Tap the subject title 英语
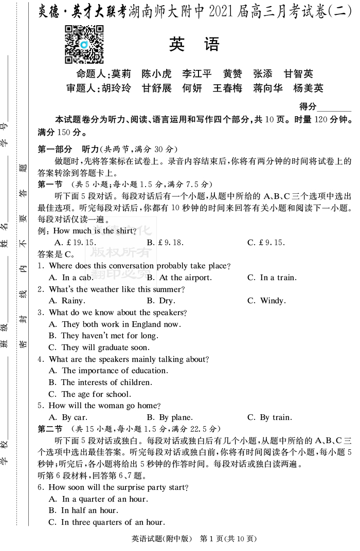(194, 45)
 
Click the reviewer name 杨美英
(308, 88)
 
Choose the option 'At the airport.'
(179, 278)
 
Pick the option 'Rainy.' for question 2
(67, 301)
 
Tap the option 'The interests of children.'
(100, 382)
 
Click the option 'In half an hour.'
(83, 510)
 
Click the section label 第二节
(50, 429)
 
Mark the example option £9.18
(165, 243)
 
